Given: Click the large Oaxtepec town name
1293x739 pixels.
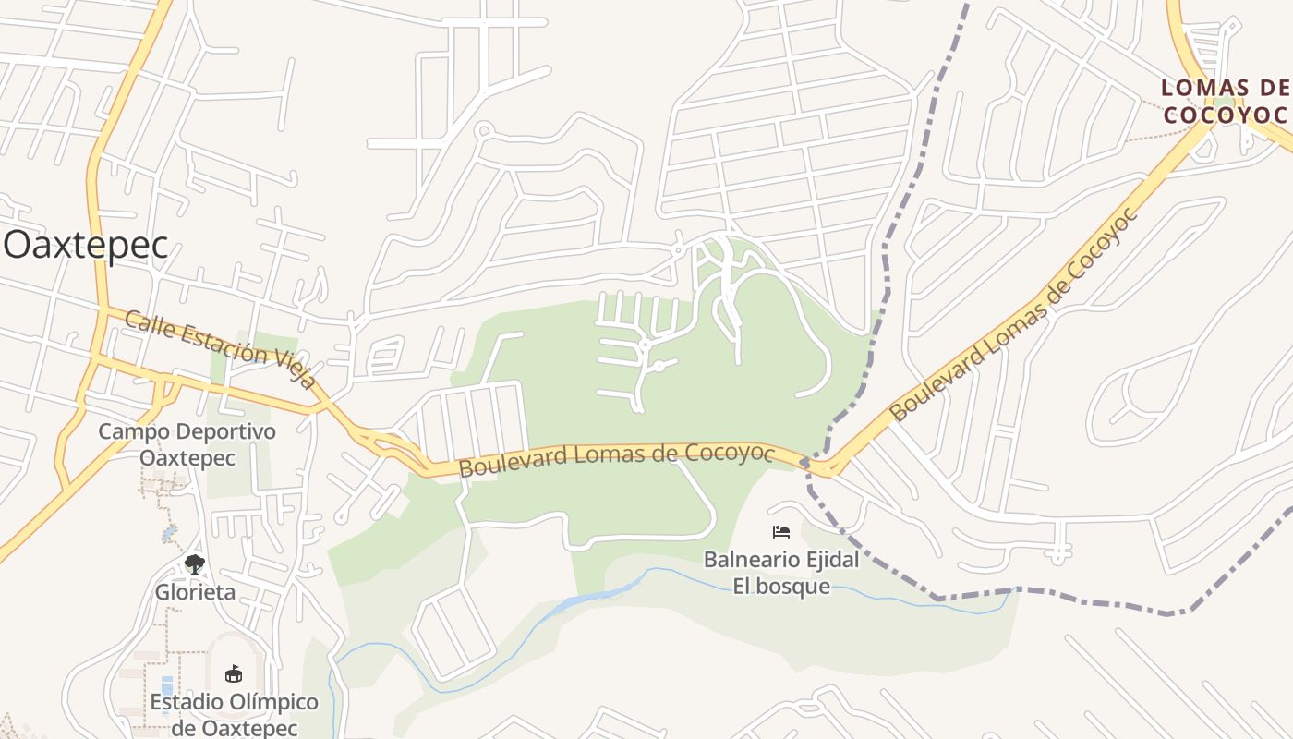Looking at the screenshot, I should coord(86,246).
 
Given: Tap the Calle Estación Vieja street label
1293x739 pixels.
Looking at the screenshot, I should coord(220,350).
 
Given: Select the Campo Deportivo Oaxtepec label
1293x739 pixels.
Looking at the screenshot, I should coord(187,444).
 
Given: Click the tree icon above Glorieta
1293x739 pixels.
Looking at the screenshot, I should coord(194,563).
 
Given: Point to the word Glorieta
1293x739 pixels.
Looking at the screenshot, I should coord(195,592).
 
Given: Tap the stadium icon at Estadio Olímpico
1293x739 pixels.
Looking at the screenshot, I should coord(233,673).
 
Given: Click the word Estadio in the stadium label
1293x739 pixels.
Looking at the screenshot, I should coord(187,702).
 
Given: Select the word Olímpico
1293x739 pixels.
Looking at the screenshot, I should coord(274,702).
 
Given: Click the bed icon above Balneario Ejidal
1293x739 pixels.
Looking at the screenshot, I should coord(781,532).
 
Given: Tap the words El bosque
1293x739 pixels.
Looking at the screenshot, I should coord(781,587).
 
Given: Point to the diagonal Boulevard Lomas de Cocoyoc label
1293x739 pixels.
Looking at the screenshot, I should coord(1014,316).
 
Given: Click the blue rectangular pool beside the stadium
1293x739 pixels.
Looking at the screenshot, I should coord(166,688).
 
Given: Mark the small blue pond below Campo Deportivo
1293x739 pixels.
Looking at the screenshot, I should coord(169,535).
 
